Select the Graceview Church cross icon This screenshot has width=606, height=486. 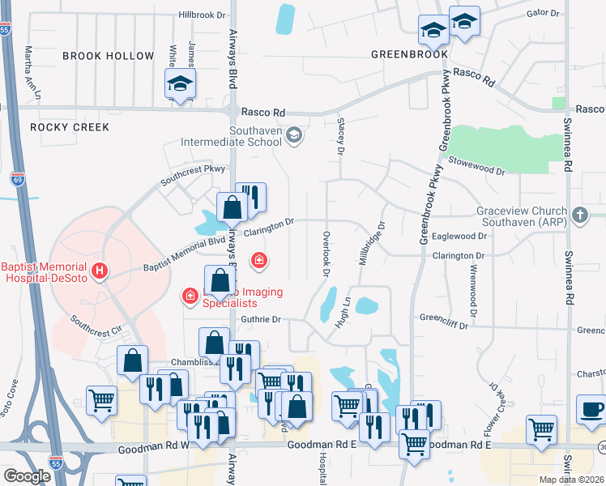579,215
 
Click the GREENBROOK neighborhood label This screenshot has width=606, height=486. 409,54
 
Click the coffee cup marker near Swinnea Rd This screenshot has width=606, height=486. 591,408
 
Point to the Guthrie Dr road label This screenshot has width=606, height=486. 260,319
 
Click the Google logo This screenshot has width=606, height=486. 28,476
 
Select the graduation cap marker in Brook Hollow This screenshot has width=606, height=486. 180,83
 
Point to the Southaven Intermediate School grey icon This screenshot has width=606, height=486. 294,135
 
